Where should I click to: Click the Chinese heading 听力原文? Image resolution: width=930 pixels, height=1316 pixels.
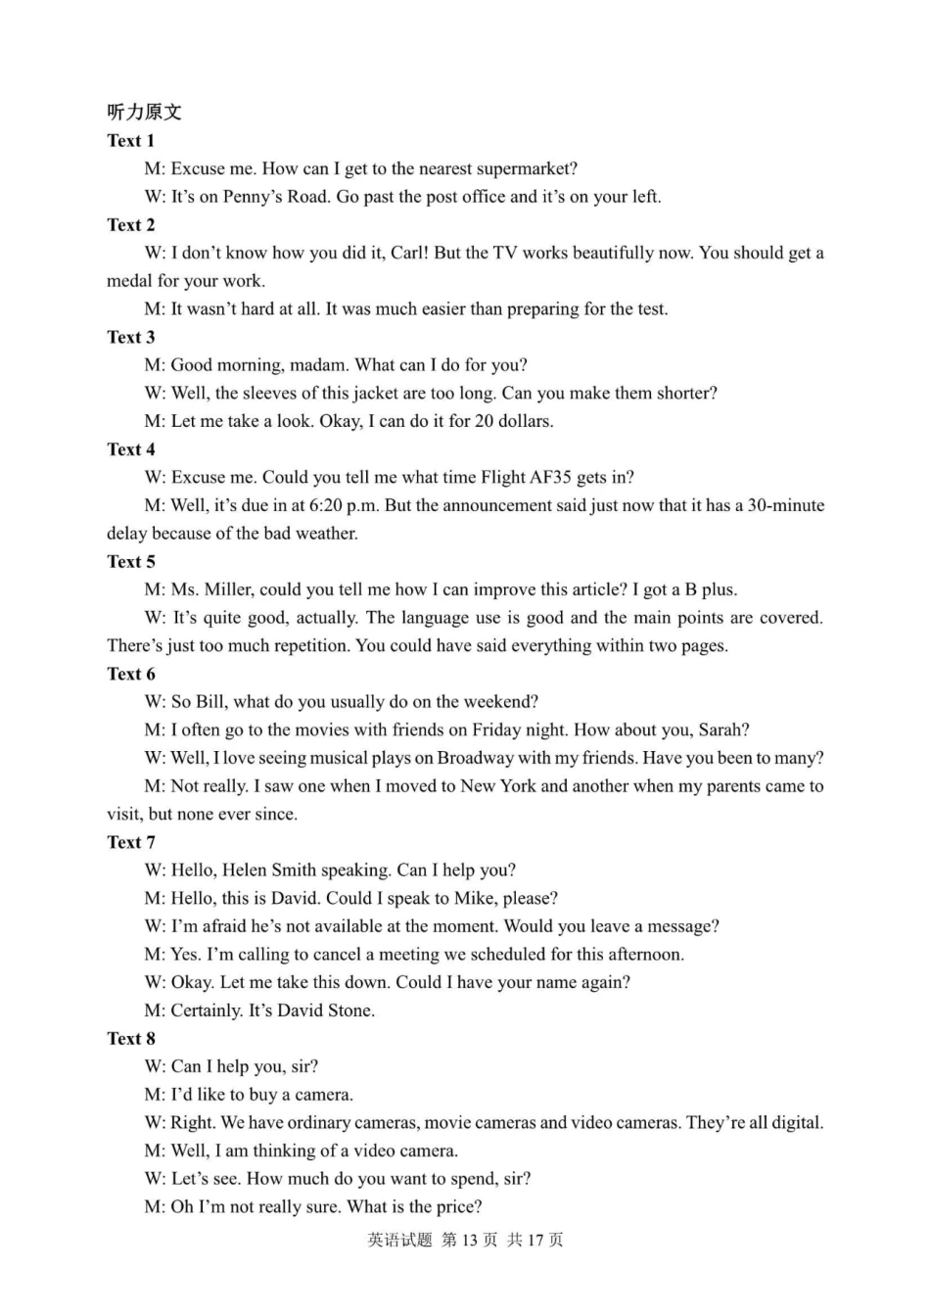[144, 112]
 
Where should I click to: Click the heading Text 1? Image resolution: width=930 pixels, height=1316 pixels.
[130, 140]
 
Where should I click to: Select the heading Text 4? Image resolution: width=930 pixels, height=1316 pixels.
[130, 449]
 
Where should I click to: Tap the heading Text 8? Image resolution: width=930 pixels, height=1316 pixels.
[130, 1039]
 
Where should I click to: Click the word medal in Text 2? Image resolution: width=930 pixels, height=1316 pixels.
[129, 281]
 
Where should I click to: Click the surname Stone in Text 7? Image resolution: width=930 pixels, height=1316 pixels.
[348, 1010]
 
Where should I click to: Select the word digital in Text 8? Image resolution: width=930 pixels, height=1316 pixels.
[793, 1123]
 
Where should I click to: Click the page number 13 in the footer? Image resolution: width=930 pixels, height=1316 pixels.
[468, 1241]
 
